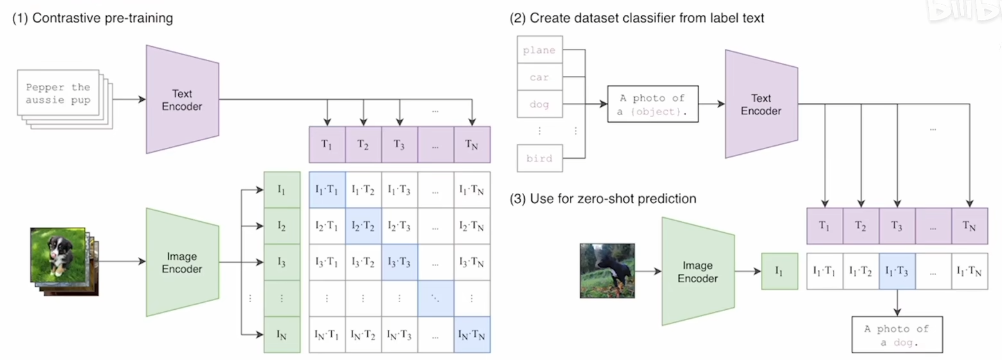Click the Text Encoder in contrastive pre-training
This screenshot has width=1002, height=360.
[183, 99]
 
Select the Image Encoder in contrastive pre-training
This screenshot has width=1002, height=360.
[183, 262]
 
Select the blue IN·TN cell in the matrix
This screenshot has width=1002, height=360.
[472, 334]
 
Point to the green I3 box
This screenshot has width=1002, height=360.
[282, 262]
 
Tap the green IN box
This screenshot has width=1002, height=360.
[282, 334]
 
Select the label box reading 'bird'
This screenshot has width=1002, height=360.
[540, 158]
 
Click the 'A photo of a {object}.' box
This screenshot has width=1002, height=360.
[653, 104]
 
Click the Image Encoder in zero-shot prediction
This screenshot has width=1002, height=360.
[698, 271]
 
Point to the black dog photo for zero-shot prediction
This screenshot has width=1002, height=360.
[607, 271]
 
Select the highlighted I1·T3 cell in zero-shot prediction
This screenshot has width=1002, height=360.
[897, 271]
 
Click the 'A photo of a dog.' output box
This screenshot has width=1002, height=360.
[897, 334]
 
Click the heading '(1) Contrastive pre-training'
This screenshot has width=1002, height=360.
[93, 19]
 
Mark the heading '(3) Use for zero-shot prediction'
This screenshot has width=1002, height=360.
[603, 199]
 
